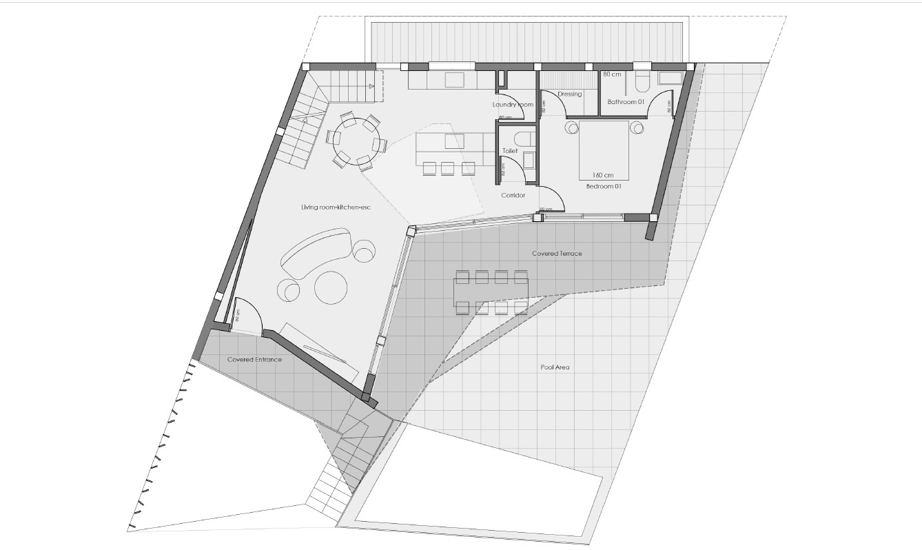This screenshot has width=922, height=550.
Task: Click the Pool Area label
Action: (555, 367)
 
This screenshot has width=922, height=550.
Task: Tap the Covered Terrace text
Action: (557, 254)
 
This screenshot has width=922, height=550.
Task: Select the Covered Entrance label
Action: (254, 360)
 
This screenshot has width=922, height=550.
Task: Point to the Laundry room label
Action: (513, 105)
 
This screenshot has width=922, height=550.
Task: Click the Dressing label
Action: (570, 94)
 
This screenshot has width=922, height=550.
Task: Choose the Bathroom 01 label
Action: (625, 103)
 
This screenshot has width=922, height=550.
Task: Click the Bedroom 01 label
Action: (604, 187)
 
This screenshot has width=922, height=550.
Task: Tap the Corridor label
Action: (513, 196)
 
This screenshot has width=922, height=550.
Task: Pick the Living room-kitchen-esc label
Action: (331, 207)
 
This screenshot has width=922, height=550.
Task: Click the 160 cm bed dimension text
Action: (603, 175)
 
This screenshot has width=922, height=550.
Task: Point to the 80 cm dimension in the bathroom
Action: (612, 74)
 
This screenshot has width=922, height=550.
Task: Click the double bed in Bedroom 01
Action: (603, 148)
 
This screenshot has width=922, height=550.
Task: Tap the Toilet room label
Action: (510, 150)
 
